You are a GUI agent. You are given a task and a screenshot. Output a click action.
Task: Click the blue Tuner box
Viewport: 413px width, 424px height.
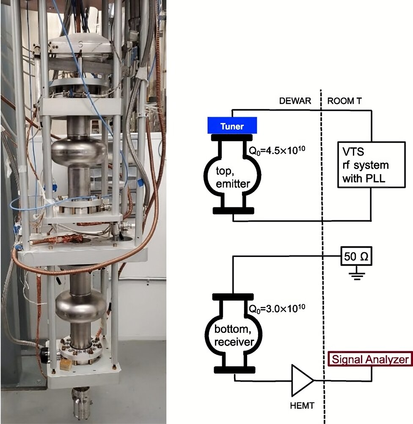(x=232, y=126)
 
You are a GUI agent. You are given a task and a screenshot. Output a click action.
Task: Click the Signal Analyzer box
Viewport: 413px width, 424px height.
(x=371, y=360)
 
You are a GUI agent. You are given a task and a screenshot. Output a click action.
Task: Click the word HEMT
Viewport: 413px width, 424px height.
(x=303, y=406)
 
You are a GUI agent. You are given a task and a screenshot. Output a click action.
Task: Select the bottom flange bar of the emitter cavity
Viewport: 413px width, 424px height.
(x=233, y=211)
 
